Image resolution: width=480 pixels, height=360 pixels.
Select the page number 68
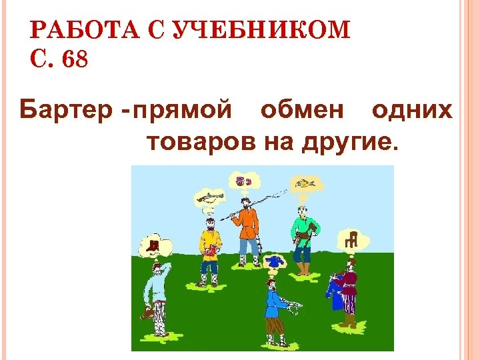73,61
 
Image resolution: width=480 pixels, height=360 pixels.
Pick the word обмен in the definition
304,109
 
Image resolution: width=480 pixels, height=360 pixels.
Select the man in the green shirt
303,237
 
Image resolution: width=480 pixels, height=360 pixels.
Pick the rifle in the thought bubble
207,197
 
